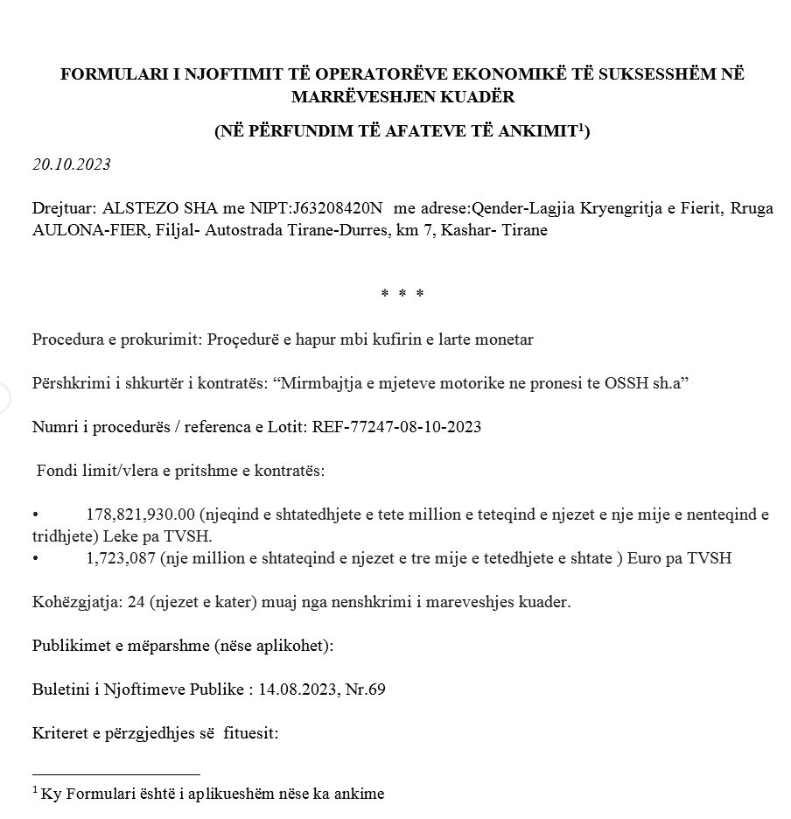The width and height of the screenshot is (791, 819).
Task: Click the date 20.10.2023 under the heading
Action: click(71, 164)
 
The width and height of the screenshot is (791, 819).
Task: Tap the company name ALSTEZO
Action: click(130, 209)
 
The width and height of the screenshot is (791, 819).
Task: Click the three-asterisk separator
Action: click(402, 294)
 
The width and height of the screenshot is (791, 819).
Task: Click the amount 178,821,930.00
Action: click(141, 514)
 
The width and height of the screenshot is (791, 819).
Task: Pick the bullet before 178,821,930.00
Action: click(36, 514)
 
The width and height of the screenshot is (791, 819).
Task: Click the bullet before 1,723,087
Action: click(36, 558)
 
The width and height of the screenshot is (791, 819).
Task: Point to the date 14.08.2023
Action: click(299, 689)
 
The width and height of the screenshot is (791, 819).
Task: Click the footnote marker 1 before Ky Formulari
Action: click(35, 790)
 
